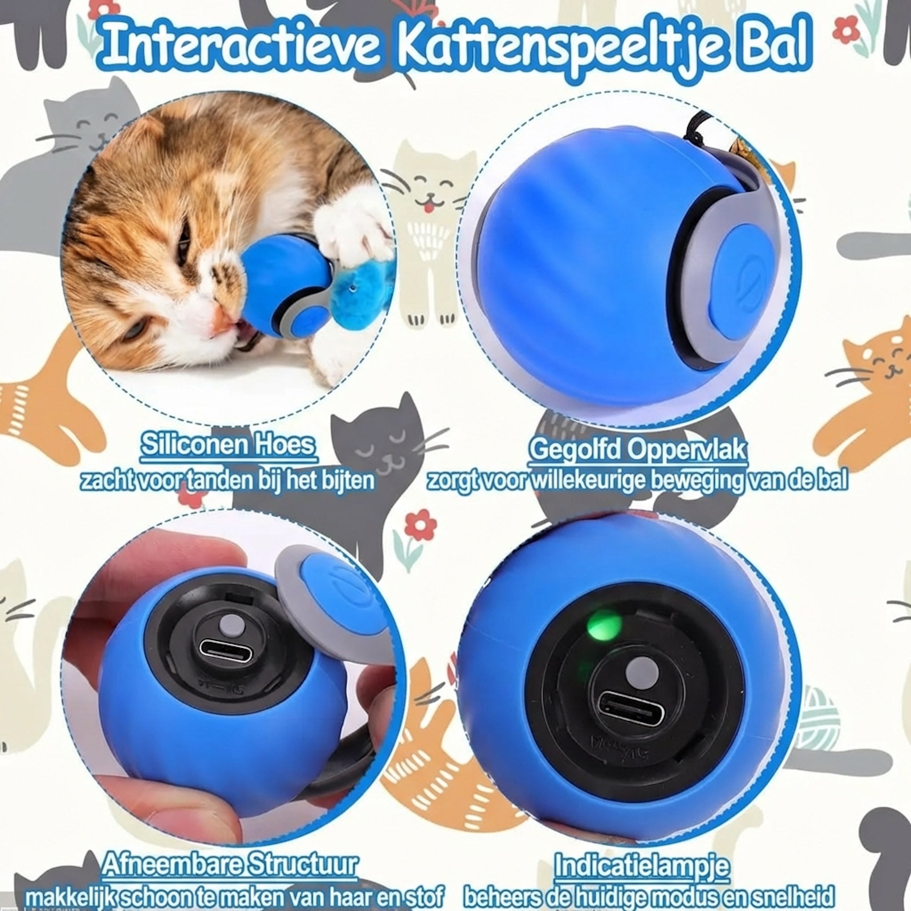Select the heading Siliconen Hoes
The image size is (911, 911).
coord(228,446)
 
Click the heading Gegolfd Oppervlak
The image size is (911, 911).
coord(637,450)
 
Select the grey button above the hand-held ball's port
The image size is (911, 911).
coord(230,625)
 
